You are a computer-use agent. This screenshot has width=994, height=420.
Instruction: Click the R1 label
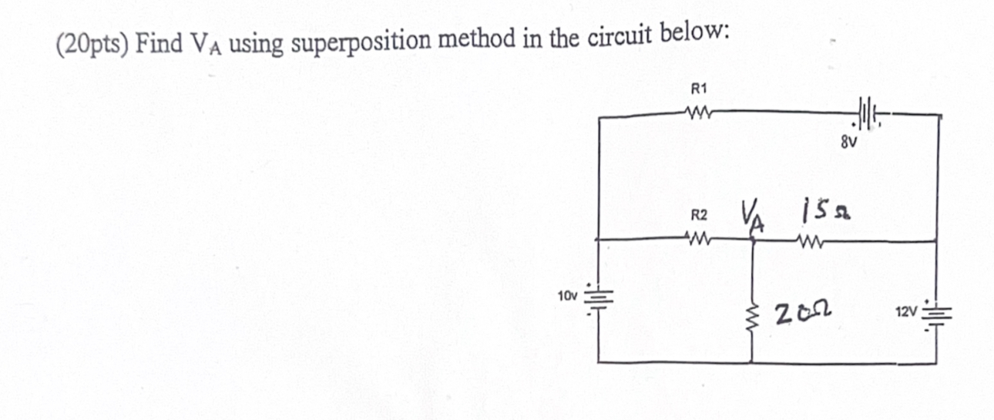point(697,90)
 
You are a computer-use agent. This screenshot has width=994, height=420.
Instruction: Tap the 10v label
point(566,295)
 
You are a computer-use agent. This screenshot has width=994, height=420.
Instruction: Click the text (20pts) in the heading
point(92,44)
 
